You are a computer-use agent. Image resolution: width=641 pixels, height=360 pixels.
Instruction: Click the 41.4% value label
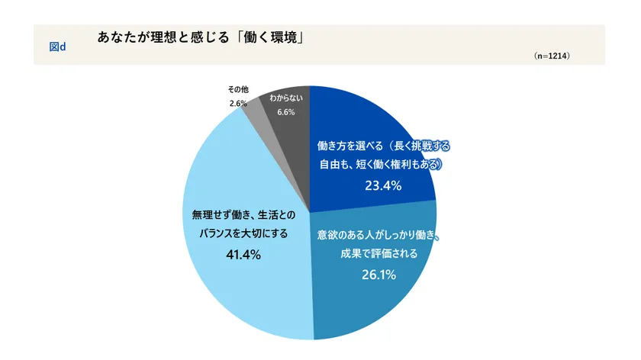point(243,255)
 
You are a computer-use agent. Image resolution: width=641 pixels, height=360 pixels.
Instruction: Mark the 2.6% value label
point(237,103)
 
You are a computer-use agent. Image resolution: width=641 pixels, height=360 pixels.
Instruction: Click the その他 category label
point(238,89)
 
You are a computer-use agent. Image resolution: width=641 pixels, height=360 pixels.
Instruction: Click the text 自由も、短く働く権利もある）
point(380,164)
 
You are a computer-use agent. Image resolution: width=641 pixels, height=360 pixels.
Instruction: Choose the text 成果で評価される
point(379,254)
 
